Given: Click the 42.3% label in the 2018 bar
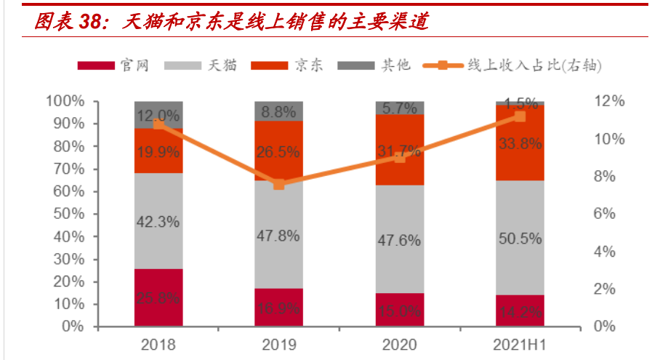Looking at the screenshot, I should (158, 223).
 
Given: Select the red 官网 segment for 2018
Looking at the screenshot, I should (158, 297).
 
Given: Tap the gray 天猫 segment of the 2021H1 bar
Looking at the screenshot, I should (520, 237).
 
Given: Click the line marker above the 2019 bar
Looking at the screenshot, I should (279, 184).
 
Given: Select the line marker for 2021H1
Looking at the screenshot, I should (520, 116).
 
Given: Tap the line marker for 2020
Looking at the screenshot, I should (400, 156).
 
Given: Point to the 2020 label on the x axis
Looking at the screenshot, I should (400, 345).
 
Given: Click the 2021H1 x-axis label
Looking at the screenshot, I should (520, 345).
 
